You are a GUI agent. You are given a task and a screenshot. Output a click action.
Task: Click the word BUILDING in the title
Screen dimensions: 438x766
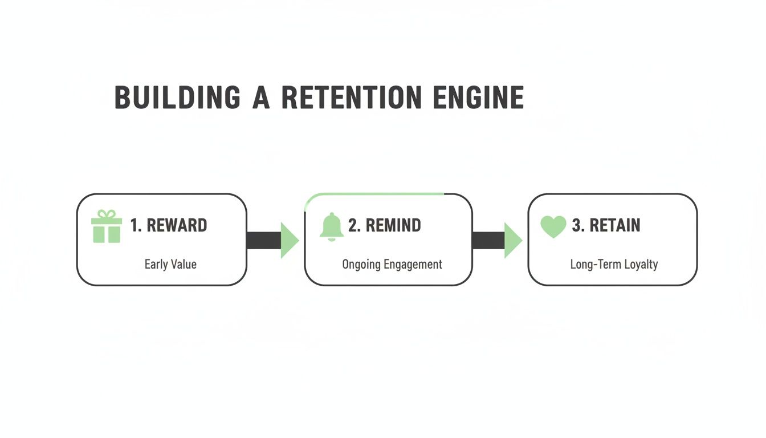177,98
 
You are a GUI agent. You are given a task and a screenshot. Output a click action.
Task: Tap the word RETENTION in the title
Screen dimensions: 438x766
352,98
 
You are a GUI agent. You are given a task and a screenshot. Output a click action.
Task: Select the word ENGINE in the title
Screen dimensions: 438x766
478,98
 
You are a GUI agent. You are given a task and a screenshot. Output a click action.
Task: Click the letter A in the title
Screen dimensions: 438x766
262,98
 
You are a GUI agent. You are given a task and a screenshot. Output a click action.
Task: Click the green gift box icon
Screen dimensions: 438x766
107,226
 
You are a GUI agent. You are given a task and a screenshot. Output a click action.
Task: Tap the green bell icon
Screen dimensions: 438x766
331,226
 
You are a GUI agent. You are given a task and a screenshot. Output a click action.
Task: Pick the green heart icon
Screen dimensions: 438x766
553,226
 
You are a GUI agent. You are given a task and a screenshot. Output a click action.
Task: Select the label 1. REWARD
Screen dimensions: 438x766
169,225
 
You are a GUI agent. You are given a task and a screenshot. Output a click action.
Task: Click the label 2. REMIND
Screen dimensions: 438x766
385,225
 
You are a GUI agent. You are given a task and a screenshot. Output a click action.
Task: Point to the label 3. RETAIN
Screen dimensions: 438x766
606,225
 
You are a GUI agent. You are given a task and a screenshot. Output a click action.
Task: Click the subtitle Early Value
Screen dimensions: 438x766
170,264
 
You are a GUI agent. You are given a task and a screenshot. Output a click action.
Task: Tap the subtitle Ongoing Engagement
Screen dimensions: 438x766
392,265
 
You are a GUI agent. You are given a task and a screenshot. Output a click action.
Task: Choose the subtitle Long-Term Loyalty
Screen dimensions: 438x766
614,265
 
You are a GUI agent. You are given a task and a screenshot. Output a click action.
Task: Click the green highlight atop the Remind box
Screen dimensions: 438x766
376,194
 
